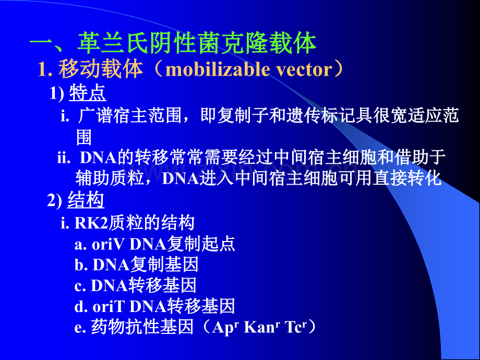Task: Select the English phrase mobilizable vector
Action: pos(250,69)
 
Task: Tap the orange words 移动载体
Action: pos(101,69)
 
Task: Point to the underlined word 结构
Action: pos(86,201)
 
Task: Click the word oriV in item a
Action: pos(109,244)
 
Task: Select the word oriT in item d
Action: pos(108,306)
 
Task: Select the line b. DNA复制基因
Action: pos(136,265)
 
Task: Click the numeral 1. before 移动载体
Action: pos(45,70)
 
